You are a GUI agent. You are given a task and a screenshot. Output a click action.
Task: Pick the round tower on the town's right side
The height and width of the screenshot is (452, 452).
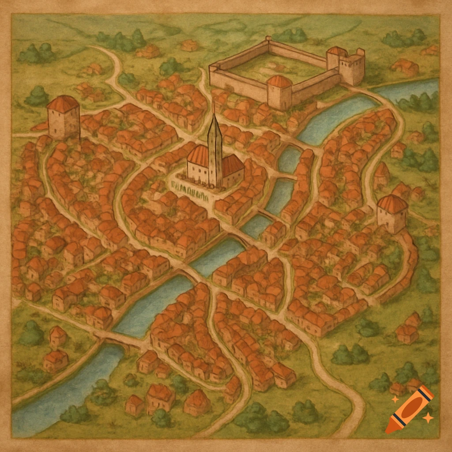[392, 214]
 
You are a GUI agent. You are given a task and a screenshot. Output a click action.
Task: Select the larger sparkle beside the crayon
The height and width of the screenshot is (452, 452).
[427, 417]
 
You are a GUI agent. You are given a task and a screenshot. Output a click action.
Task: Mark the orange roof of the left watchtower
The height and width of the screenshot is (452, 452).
[63, 103]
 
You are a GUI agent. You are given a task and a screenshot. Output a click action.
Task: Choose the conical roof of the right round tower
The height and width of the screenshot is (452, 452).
[392, 203]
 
